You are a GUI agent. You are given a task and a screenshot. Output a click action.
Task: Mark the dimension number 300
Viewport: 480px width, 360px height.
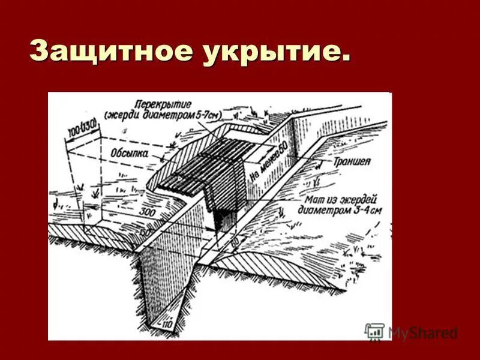(146, 211)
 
